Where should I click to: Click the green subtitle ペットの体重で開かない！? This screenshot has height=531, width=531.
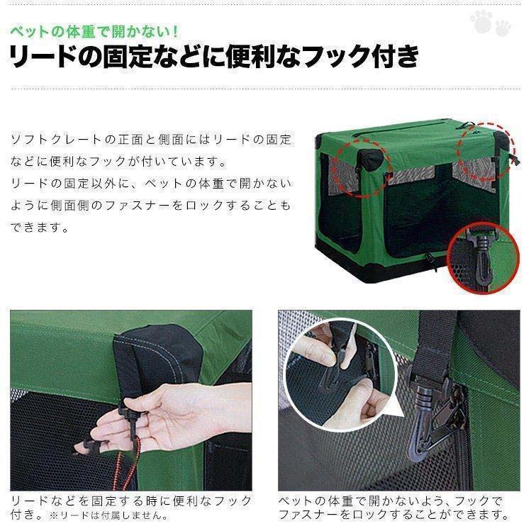[x=94, y=32]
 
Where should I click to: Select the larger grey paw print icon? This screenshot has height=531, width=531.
[x=481, y=21]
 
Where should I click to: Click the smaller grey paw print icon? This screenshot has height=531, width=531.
[x=503, y=28]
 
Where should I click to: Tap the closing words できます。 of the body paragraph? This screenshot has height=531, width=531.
[x=40, y=228]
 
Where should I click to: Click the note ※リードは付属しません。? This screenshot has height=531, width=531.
[x=109, y=515]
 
